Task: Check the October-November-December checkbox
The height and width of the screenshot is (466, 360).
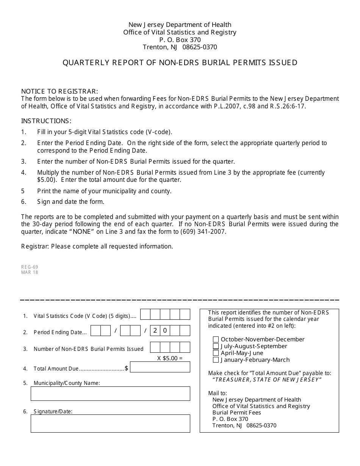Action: tap(216, 339)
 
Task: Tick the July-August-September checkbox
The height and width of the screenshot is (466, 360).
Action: tap(216, 346)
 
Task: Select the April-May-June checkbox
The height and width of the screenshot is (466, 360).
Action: tap(216, 353)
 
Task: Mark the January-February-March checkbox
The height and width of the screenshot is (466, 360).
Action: tap(216, 360)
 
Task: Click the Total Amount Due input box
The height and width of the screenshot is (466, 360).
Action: tap(160, 367)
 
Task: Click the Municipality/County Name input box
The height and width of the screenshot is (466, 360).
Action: tap(110, 394)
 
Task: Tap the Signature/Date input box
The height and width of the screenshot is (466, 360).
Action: tap(110, 423)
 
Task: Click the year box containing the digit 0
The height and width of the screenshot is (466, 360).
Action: tap(165, 331)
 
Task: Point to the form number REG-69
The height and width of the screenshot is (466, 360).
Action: tap(30, 267)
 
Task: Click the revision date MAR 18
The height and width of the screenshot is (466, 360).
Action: tap(30, 272)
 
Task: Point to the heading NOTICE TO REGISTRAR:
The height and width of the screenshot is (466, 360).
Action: tap(59, 91)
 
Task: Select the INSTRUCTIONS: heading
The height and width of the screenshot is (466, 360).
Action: tap(46, 121)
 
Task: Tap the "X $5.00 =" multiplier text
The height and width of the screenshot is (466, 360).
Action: tap(170, 358)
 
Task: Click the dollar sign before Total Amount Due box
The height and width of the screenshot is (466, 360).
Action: tap(127, 368)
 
